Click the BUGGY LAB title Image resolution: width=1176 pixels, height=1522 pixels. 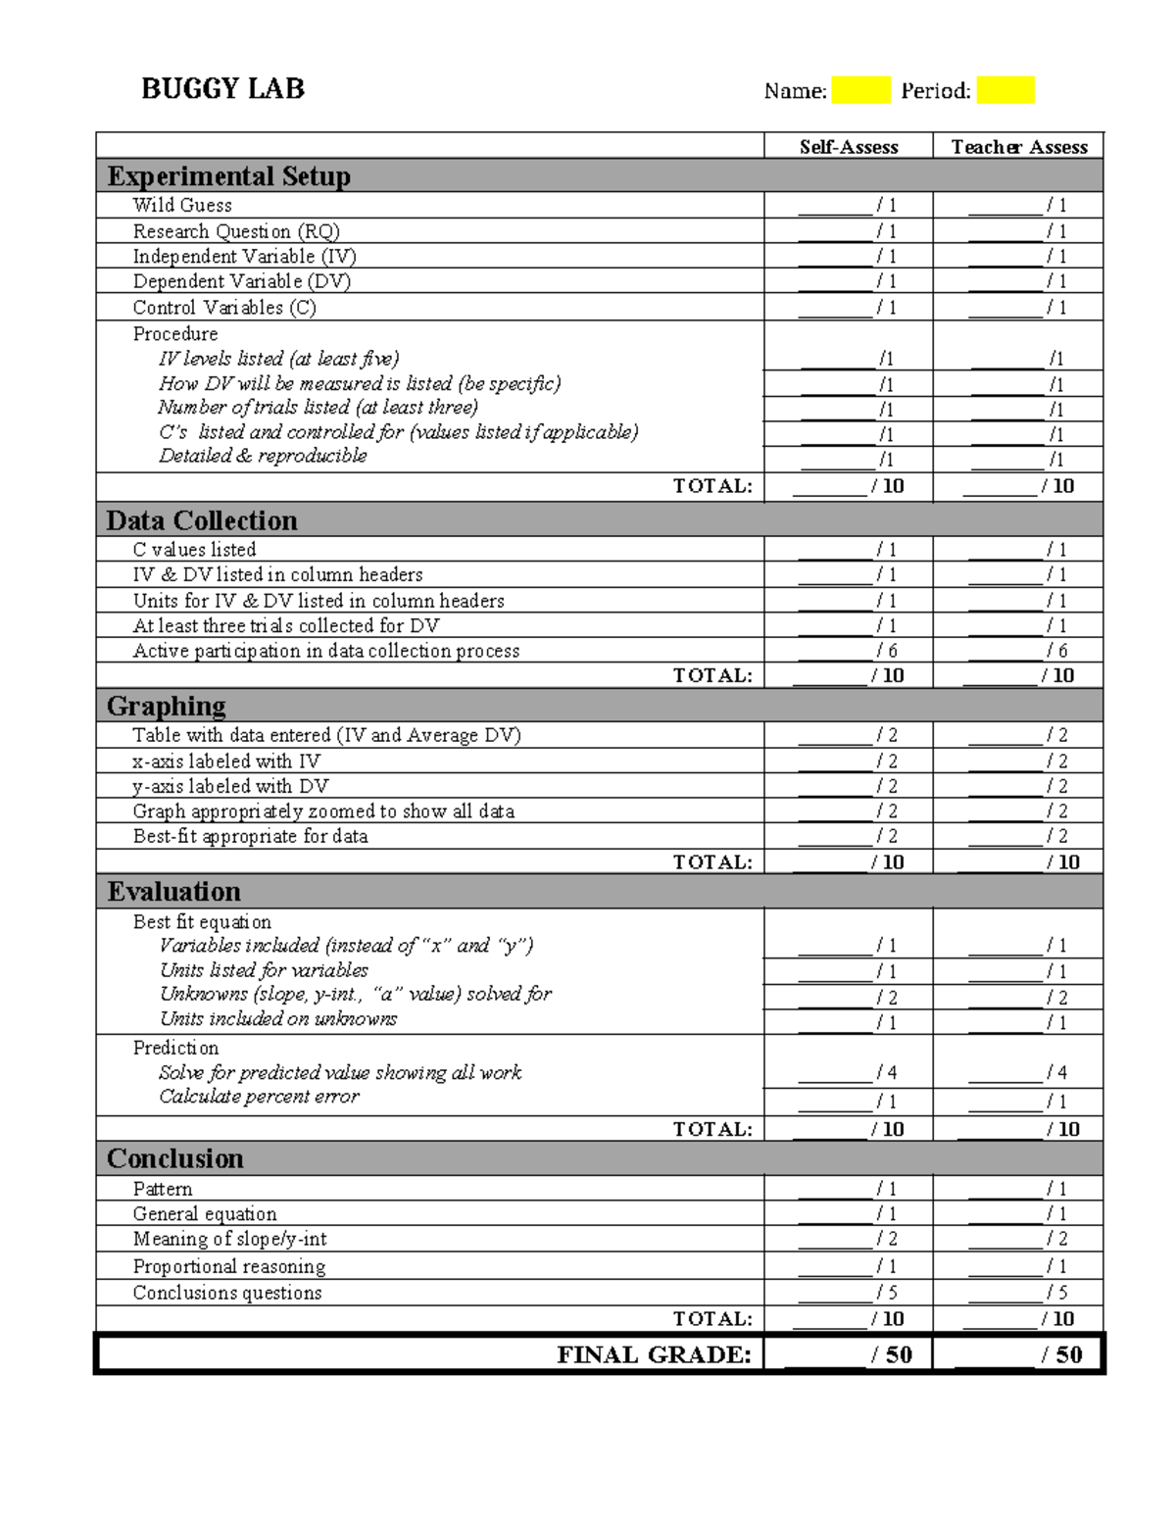[x=222, y=89]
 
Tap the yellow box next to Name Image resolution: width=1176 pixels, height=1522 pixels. [x=860, y=90]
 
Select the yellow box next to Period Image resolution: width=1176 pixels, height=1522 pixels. [x=1005, y=90]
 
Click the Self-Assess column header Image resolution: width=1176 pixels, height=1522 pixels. [x=849, y=147]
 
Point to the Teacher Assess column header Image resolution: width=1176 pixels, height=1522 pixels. [x=1019, y=147]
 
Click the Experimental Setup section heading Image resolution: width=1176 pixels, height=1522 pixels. [x=228, y=176]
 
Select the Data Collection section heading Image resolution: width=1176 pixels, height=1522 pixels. [x=202, y=520]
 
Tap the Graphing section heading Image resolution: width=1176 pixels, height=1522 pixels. [x=167, y=706]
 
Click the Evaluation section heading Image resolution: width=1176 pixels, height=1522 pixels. [x=173, y=892]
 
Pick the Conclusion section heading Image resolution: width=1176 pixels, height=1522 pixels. [x=175, y=1158]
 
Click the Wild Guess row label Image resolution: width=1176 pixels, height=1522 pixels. [x=182, y=205]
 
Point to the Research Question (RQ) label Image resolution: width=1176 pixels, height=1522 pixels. [x=236, y=231]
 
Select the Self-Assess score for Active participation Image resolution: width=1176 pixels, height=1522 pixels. [x=849, y=651]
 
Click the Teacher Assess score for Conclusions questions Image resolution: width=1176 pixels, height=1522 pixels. [x=1019, y=1293]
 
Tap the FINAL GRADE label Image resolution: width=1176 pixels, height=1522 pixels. [x=654, y=1354]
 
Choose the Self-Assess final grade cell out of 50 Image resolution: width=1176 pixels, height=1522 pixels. [x=849, y=1354]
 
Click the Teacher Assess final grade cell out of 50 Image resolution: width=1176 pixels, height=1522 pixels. [x=1019, y=1354]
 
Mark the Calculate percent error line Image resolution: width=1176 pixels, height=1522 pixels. [x=260, y=1097]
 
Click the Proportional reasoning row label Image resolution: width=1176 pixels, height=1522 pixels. [x=229, y=1266]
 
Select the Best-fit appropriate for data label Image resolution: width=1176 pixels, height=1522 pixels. [x=251, y=836]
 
